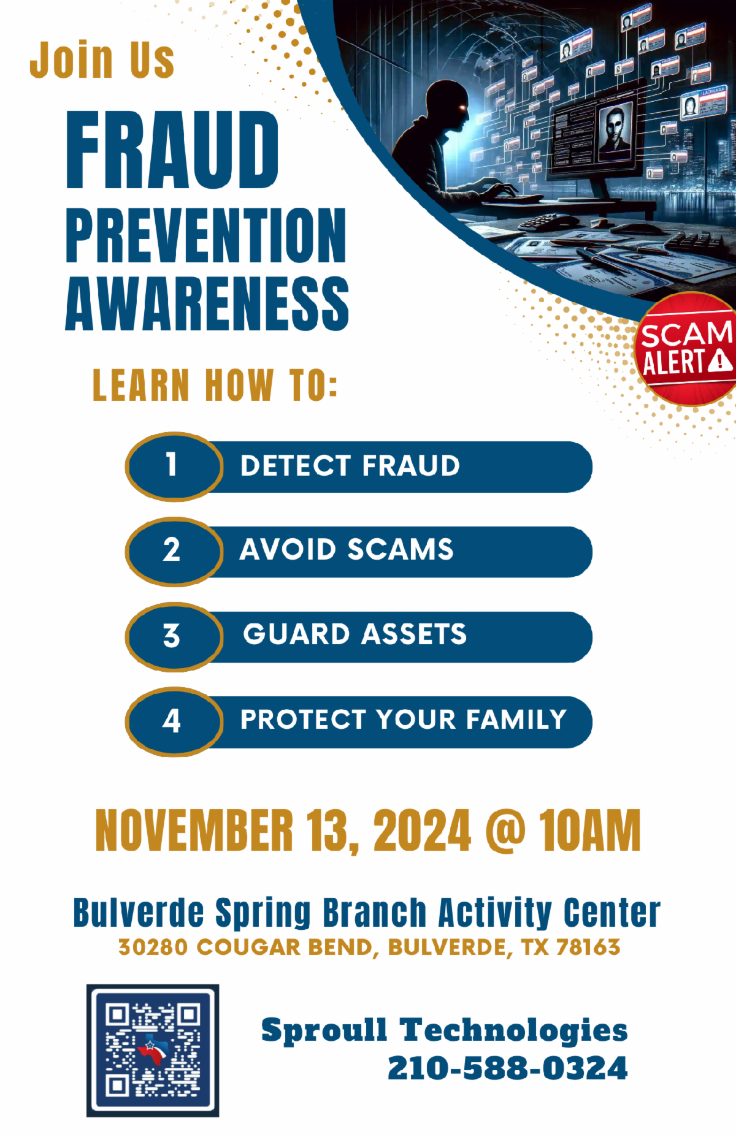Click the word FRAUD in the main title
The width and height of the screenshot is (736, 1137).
pyautogui.click(x=172, y=150)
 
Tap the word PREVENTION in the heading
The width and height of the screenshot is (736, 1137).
pyautogui.click(x=206, y=235)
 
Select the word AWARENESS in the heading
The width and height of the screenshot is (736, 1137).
pyautogui.click(x=207, y=303)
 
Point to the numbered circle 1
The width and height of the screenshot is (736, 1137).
pyautogui.click(x=174, y=466)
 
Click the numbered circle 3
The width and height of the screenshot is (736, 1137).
pyautogui.click(x=174, y=637)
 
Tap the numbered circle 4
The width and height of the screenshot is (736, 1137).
pyautogui.click(x=174, y=721)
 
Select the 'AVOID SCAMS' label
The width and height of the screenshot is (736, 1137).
pyautogui.click(x=347, y=549)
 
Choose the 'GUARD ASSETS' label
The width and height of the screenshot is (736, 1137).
pyautogui.click(x=355, y=634)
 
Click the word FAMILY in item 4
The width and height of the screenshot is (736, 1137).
pyautogui.click(x=516, y=719)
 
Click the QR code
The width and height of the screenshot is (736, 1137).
pyautogui.click(x=153, y=1050)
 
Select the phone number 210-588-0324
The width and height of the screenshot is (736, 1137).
pyautogui.click(x=508, y=1068)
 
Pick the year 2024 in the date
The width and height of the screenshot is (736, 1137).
pyautogui.click(x=422, y=831)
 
